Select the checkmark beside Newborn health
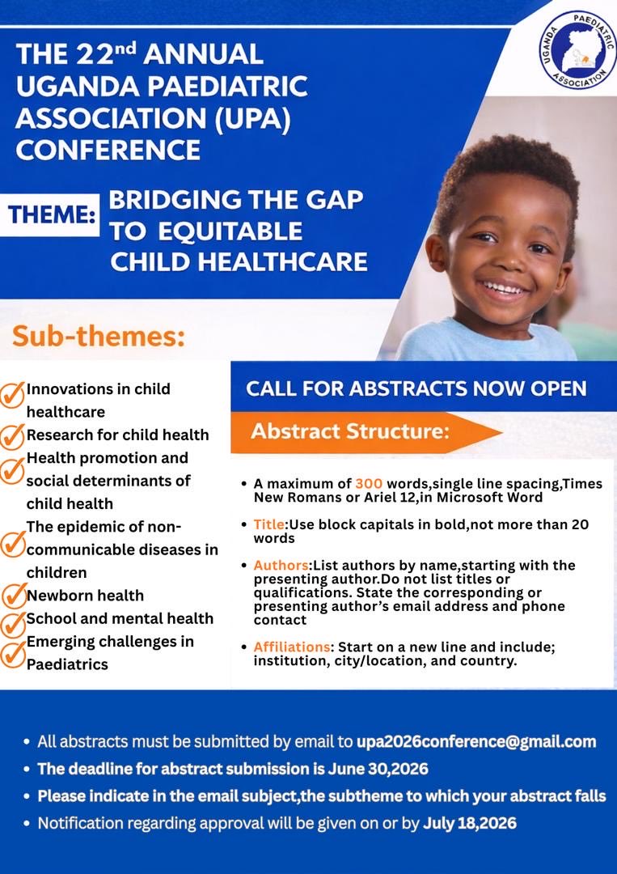(x=14, y=596)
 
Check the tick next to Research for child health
(x=14, y=436)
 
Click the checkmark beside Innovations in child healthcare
(x=14, y=394)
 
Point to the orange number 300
(x=370, y=484)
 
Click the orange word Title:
(x=268, y=524)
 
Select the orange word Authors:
(x=282, y=565)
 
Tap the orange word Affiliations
(x=292, y=647)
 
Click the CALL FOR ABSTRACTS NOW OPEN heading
(x=416, y=388)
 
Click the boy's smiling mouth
(x=503, y=288)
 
